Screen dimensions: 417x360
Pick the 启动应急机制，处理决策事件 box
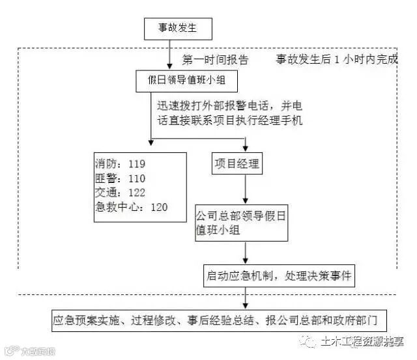pos(278,276)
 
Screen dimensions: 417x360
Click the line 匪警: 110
pos(120,178)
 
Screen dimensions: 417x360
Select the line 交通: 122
pos(120,192)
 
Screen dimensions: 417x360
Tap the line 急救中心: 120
pos(131,207)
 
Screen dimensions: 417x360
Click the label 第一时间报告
pos(215,61)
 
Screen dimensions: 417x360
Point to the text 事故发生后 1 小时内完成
pos(336,61)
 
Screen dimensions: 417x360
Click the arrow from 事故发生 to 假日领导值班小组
pos(170,55)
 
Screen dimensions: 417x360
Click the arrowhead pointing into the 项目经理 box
pos(245,147)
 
